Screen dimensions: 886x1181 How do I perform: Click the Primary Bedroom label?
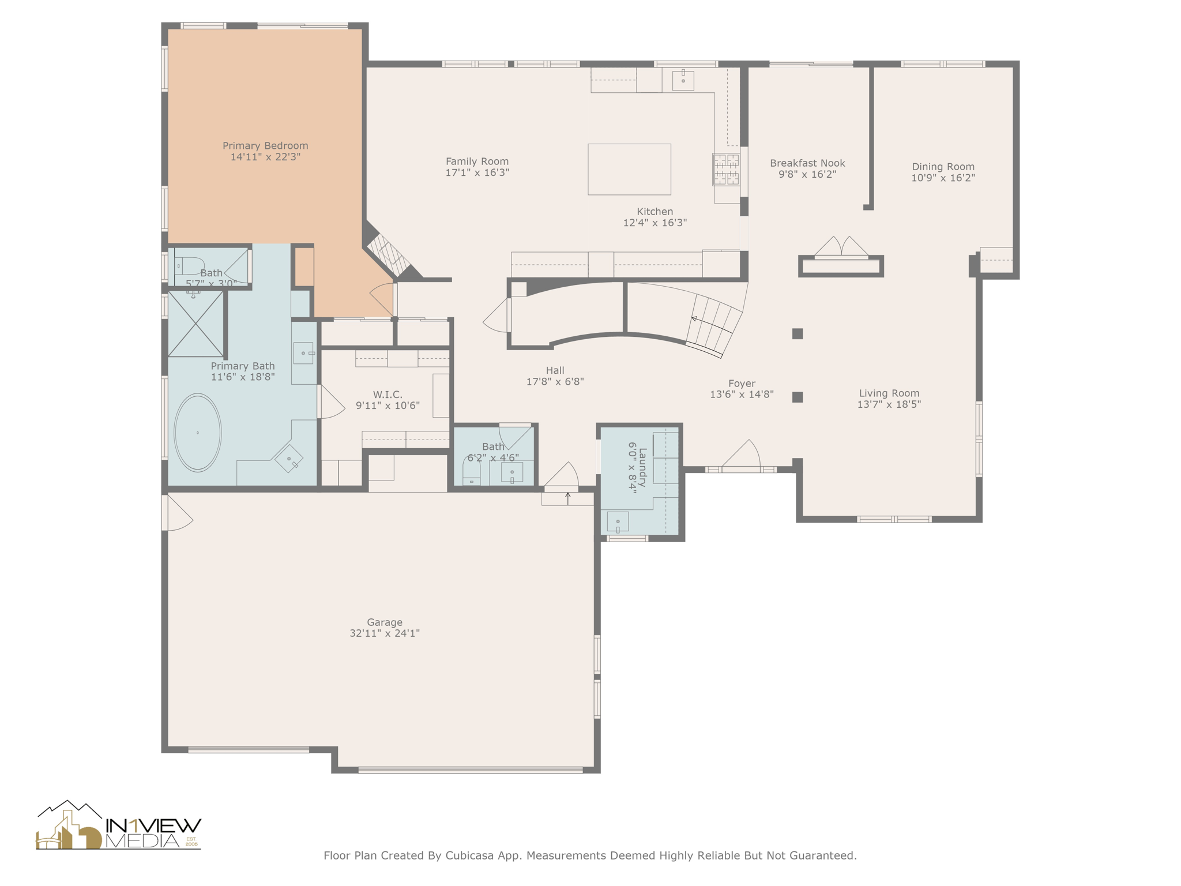[x=265, y=146]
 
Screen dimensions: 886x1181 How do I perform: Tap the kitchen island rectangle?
[x=629, y=169]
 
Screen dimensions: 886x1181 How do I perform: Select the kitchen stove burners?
[x=726, y=170]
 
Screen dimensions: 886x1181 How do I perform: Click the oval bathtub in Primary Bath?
[x=198, y=433]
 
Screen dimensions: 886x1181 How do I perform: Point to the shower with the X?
[x=195, y=324]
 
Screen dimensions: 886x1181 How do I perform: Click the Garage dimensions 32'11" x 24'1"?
[x=385, y=633]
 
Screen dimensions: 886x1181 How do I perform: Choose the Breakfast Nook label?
[x=807, y=163]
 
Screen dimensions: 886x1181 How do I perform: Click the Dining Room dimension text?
[x=943, y=178]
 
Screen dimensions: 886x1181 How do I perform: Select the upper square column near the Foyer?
[x=798, y=333]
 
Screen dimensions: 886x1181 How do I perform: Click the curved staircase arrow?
[x=694, y=318]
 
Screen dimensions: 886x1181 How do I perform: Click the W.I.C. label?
[x=388, y=395]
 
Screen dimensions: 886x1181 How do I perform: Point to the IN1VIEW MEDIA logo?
[x=119, y=827]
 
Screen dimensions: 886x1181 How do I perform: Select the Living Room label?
[x=889, y=393]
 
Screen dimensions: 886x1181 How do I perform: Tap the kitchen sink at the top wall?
[x=683, y=80]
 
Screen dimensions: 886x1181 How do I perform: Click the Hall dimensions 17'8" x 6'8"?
[x=555, y=382]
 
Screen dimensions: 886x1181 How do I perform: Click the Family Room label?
[x=477, y=162]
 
